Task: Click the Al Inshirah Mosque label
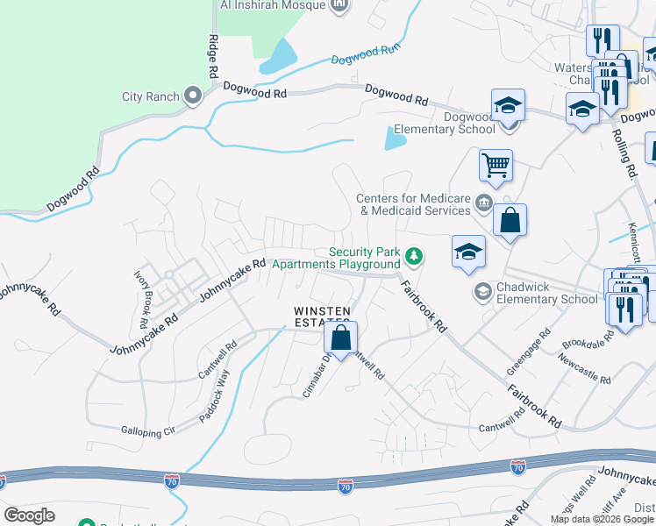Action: [272, 4]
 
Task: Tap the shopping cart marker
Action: [496, 164]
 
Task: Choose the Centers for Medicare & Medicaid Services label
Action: [414, 205]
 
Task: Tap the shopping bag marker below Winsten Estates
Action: [341, 337]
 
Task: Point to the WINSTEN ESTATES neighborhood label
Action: [322, 317]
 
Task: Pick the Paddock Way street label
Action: [214, 396]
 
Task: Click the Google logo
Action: [29, 515]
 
